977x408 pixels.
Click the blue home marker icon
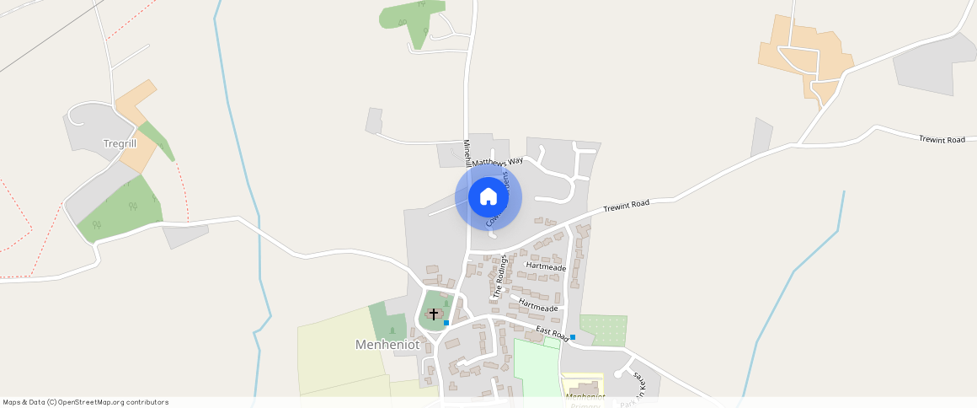tap(488, 197)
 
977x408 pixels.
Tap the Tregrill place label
tap(120, 143)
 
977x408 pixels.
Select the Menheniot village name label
tap(387, 345)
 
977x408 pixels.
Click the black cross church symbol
tap(434, 314)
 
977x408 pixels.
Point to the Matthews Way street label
tap(498, 161)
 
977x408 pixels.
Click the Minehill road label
tap(467, 153)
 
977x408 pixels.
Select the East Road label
tap(553, 333)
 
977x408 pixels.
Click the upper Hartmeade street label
tap(546, 266)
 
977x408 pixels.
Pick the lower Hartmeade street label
tap(539, 305)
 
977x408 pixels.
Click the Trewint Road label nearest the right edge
tap(942, 139)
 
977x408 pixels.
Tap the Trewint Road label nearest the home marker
tap(627, 207)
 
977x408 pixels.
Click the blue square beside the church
tap(446, 323)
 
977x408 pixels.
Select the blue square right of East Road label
tap(573, 337)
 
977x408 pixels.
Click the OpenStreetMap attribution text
tap(85, 402)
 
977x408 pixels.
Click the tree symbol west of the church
tap(392, 330)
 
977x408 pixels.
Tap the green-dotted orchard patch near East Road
tap(603, 329)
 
